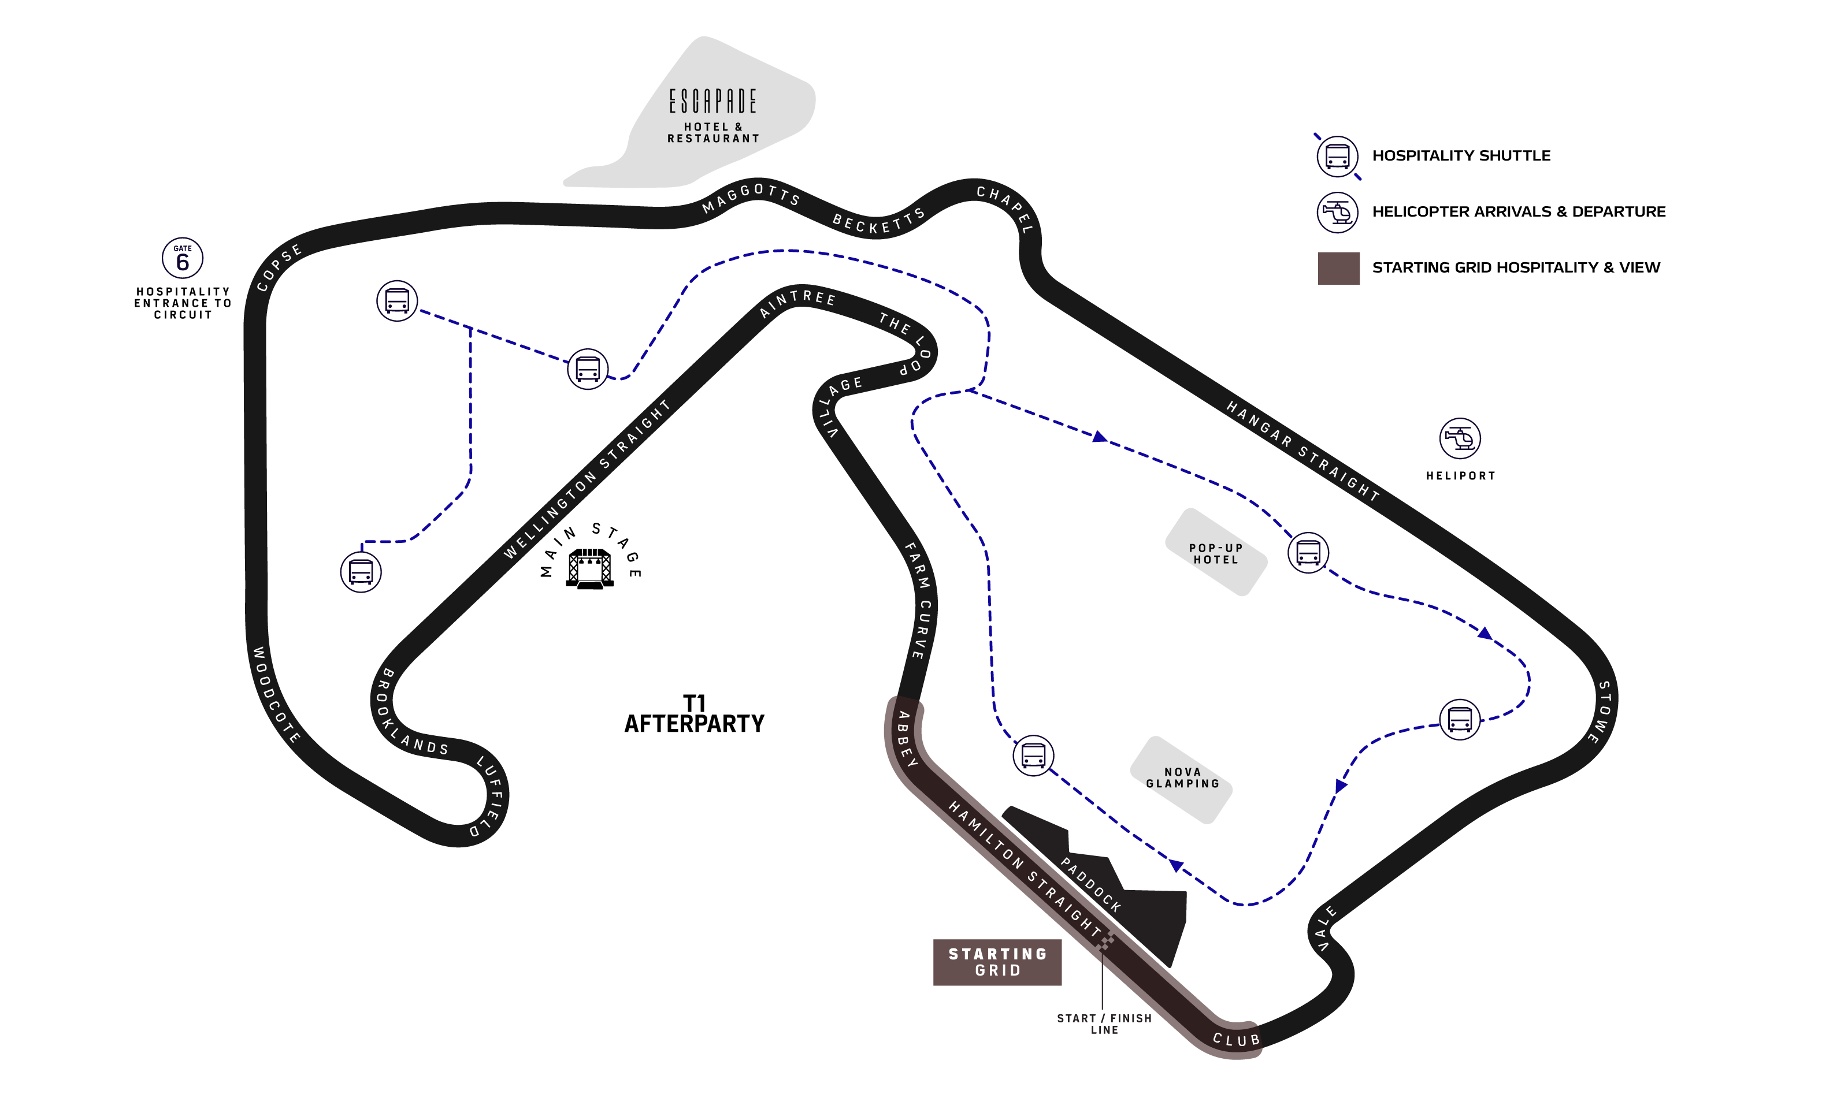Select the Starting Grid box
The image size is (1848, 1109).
tap(997, 962)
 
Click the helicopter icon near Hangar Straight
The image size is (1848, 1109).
tap(1459, 438)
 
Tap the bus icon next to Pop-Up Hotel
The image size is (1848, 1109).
tap(1308, 553)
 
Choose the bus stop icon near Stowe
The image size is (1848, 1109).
tap(1459, 720)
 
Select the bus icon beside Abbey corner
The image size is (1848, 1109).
tap(1033, 755)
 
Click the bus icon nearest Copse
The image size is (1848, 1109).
tap(396, 300)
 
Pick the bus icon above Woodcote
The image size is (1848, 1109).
tap(361, 572)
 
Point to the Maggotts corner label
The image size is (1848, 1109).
tap(751, 198)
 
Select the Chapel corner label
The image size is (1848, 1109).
tap(1005, 209)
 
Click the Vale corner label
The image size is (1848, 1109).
tap(1326, 928)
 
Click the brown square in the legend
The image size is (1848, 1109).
tap(1338, 268)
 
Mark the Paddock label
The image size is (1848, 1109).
tap(1090, 885)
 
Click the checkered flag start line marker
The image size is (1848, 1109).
tap(1105, 941)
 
